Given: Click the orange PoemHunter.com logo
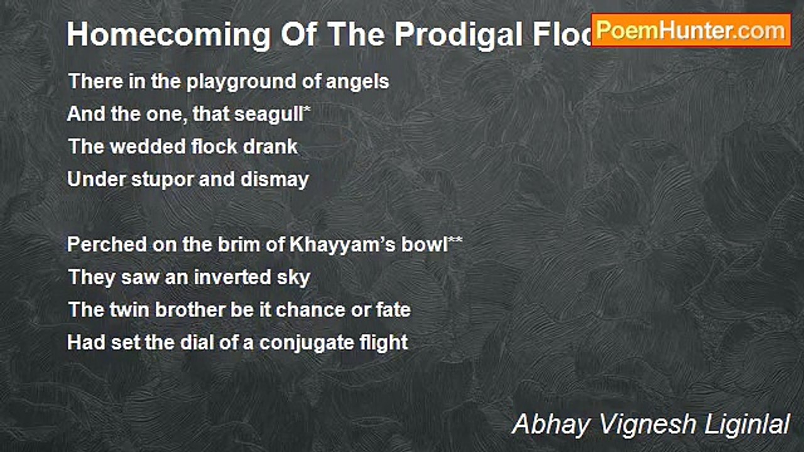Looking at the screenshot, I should tap(691, 30).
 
